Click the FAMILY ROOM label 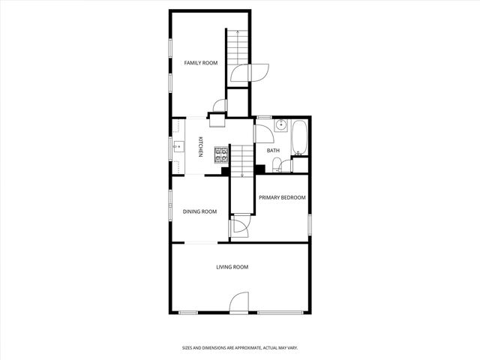(x=201, y=63)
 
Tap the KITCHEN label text (x=200, y=148)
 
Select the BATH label (x=273, y=151)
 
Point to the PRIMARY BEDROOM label (x=282, y=197)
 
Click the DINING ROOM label (x=199, y=211)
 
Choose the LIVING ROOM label (x=232, y=267)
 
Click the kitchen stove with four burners (x=221, y=154)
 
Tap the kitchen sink (x=180, y=146)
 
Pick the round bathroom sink (x=280, y=126)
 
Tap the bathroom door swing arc (x=263, y=133)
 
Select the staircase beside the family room (x=237, y=49)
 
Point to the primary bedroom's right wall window (x=309, y=223)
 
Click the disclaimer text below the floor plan (x=240, y=347)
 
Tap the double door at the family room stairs (x=247, y=73)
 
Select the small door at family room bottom (x=219, y=106)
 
